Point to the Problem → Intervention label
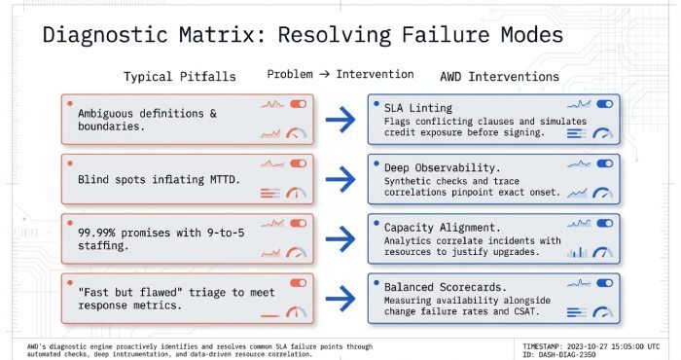pos(340,74)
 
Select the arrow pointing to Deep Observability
pos(340,178)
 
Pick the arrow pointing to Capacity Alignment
pos(340,237)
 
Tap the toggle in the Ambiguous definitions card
pos(298,103)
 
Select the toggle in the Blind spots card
pos(298,163)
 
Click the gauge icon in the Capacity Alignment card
pos(603,252)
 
